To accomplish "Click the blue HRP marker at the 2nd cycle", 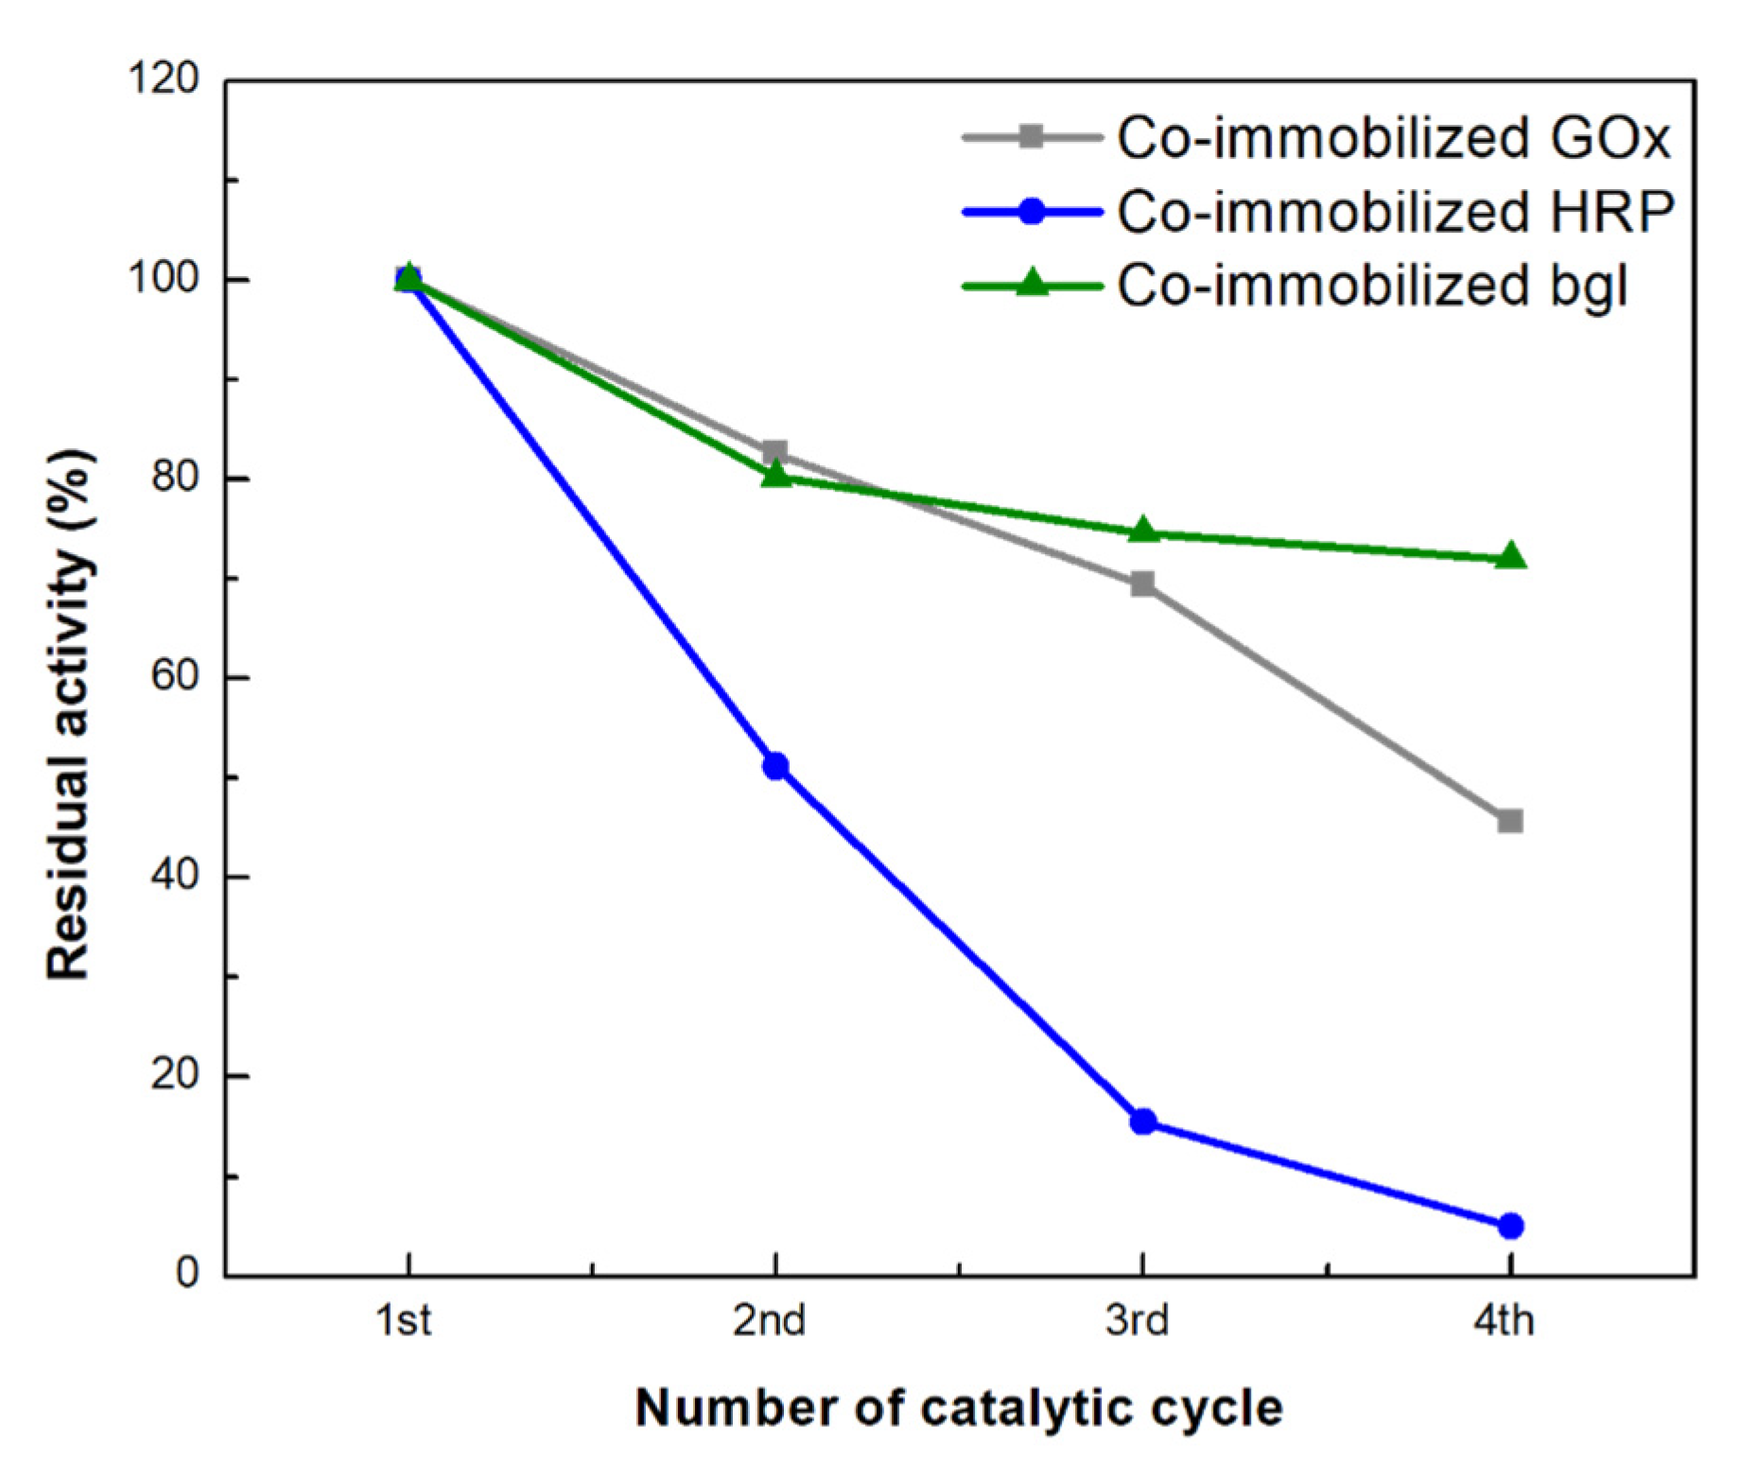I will pyautogui.click(x=775, y=766).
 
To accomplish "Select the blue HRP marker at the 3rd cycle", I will pyautogui.click(x=1143, y=1121).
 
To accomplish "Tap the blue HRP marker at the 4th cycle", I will pyautogui.click(x=1510, y=1226).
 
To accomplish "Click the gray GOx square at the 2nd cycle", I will pyautogui.click(x=775, y=452).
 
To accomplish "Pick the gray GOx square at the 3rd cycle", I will pyautogui.click(x=1143, y=583).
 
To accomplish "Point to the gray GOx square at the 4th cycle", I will pyautogui.click(x=1510, y=821).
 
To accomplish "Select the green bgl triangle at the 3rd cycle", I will pyautogui.click(x=1143, y=530).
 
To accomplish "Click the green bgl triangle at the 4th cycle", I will pyautogui.click(x=1510, y=556).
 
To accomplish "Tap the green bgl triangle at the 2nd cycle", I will pyautogui.click(x=775, y=473).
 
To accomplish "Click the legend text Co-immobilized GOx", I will pyautogui.click(x=1394, y=138).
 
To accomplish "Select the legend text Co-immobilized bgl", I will pyautogui.click(x=1372, y=285).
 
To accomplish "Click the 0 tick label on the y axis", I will pyautogui.click(x=188, y=1273).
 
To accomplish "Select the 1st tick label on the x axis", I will pyautogui.click(x=405, y=1320).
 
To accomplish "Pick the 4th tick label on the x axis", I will pyautogui.click(x=1504, y=1320).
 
